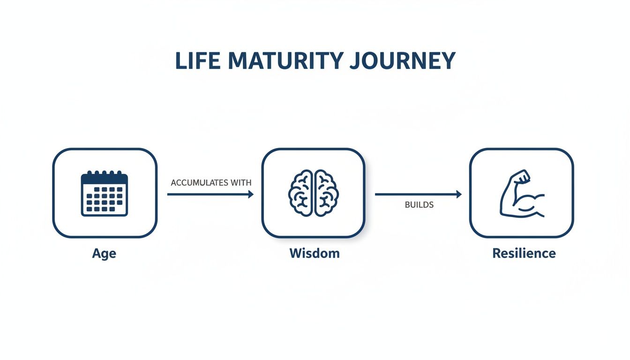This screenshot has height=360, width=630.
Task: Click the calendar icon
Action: click(x=105, y=193)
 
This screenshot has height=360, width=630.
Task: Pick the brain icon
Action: click(x=313, y=193)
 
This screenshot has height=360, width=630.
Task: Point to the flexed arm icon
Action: click(x=521, y=194)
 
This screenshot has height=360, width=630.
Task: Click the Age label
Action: click(x=104, y=254)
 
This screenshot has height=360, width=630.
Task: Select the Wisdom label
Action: click(x=314, y=254)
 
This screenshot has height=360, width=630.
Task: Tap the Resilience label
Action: click(x=524, y=254)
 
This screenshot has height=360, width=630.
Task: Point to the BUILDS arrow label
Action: click(x=419, y=205)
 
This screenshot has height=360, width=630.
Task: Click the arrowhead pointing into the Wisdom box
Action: click(x=251, y=194)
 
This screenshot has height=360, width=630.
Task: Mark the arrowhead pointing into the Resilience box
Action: click(x=459, y=194)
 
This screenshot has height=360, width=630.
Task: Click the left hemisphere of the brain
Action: click(x=301, y=193)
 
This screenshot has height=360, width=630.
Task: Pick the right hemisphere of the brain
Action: click(x=325, y=193)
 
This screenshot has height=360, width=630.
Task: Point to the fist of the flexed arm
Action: click(x=521, y=177)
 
